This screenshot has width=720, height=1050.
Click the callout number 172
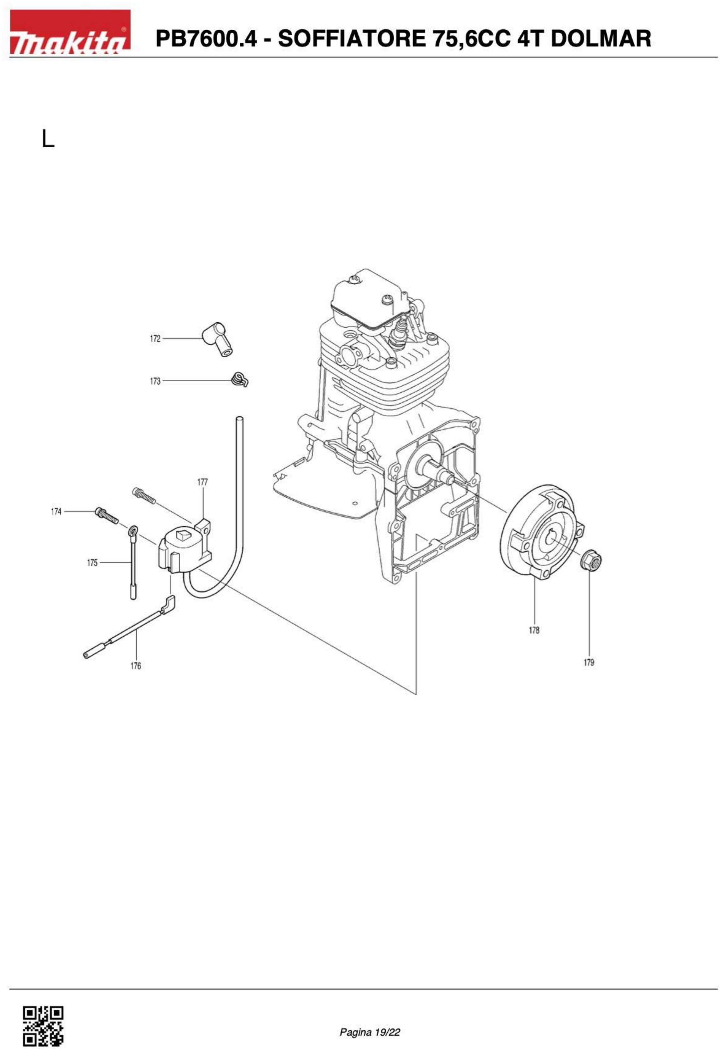coord(155,338)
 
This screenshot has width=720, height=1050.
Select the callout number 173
coord(155,381)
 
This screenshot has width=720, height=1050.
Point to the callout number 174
coord(56,511)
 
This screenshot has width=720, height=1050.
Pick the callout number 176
coord(136,665)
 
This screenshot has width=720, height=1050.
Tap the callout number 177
coord(202,482)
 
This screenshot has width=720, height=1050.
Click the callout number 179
coord(589,662)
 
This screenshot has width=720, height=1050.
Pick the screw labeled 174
coord(107,516)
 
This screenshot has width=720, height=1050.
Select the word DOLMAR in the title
coord(601,39)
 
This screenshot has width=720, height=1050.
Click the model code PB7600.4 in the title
coord(206,39)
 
